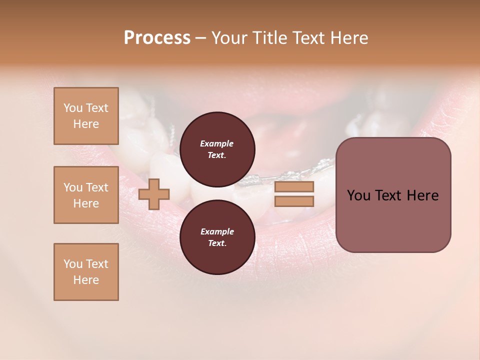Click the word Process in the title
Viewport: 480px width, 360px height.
[157, 38]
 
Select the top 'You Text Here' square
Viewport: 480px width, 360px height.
[86, 116]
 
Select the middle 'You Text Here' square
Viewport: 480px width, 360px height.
[86, 195]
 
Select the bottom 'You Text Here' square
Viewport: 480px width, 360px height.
[86, 272]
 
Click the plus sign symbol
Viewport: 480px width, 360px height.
[154, 194]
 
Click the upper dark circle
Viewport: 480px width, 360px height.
[217, 149]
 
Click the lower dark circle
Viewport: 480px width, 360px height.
[217, 237]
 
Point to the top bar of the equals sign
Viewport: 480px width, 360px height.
[294, 187]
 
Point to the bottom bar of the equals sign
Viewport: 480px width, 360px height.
[294, 201]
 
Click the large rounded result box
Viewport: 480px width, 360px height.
[393, 195]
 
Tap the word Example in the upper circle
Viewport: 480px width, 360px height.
[217, 143]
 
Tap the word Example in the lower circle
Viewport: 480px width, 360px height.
[217, 231]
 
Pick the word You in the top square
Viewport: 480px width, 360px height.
[73, 108]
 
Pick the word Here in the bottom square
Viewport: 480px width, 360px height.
[86, 280]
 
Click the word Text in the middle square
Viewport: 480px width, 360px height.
[97, 187]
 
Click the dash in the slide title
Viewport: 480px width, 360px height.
[200, 38]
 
